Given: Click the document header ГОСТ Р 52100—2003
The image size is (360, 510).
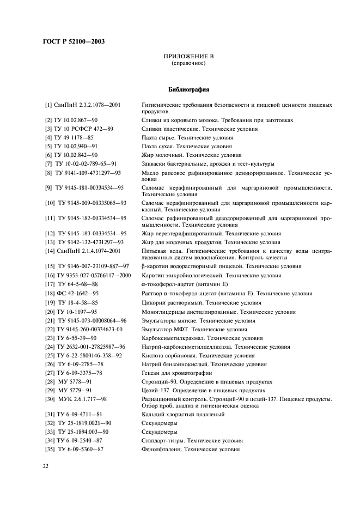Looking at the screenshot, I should [74, 42].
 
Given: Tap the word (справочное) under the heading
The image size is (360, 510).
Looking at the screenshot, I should [188, 63].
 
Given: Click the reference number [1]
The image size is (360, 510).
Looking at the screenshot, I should [48, 104].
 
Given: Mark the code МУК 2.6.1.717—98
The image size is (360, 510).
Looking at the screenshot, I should [83, 399].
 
